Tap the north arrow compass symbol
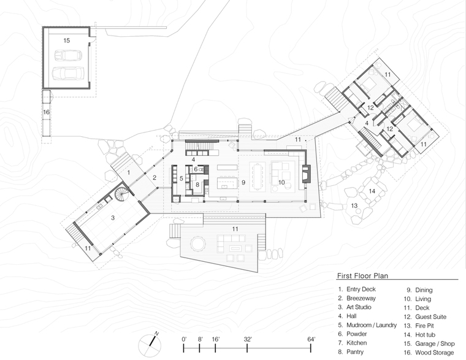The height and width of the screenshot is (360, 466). pyautogui.click(x=150, y=345)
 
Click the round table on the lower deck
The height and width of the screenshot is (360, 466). pyautogui.click(x=197, y=243)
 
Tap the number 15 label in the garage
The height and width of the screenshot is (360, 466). pyautogui.click(x=67, y=40)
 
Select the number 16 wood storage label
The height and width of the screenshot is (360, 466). pyautogui.click(x=47, y=112)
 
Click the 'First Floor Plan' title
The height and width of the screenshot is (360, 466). pyautogui.click(x=362, y=275)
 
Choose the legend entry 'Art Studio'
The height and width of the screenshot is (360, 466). pyautogui.click(x=359, y=307)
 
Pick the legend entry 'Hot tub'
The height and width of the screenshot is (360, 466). pyautogui.click(x=425, y=335)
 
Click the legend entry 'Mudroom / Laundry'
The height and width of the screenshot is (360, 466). pyautogui.click(x=372, y=325)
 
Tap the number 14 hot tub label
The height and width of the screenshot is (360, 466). pyautogui.click(x=372, y=191)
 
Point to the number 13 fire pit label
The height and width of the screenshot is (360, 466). pyautogui.click(x=354, y=205)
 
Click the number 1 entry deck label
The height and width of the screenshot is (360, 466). pyautogui.click(x=129, y=172)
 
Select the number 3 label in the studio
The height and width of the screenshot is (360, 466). pyautogui.click(x=113, y=218)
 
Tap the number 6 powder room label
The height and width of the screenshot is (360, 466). pyautogui.click(x=196, y=169)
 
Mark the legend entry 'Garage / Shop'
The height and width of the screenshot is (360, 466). pyautogui.click(x=435, y=343)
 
